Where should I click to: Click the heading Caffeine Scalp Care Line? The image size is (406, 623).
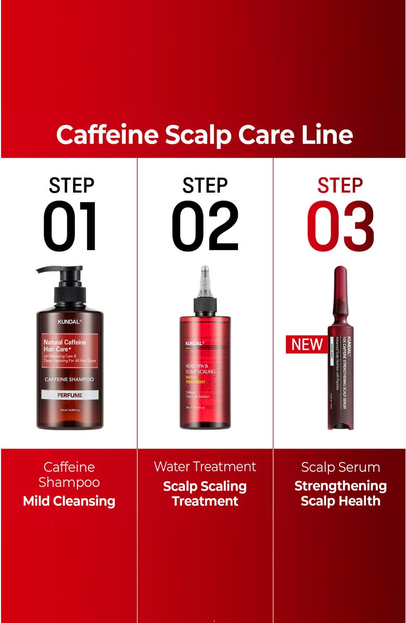pyautogui.click(x=204, y=135)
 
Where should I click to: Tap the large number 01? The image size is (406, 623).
pyautogui.click(x=70, y=227)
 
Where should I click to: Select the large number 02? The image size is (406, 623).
pyautogui.click(x=205, y=227)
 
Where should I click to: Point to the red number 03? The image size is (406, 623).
pyautogui.click(x=340, y=227)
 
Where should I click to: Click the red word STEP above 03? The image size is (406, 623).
pyautogui.click(x=340, y=186)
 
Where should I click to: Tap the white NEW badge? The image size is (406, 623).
pyautogui.click(x=306, y=344)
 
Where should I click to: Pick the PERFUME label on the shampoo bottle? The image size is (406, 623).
pyautogui.click(x=70, y=395)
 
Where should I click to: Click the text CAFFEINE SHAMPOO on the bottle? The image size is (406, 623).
pyautogui.click(x=70, y=379)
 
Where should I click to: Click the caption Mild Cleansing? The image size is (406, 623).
pyautogui.click(x=69, y=501)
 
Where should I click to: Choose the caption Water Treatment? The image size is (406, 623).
pyautogui.click(x=205, y=466)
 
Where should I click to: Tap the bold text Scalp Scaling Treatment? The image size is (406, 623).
pyautogui.click(x=205, y=493)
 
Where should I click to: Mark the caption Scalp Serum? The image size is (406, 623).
pyautogui.click(x=340, y=467)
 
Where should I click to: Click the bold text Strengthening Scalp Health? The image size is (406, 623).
pyautogui.click(x=340, y=493)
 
